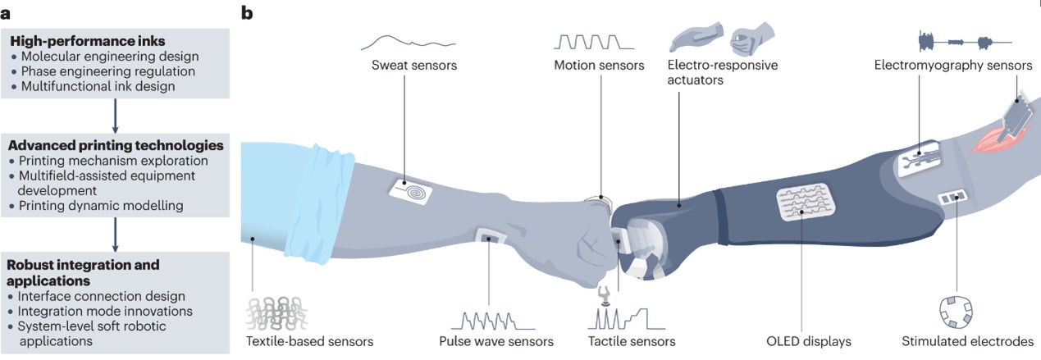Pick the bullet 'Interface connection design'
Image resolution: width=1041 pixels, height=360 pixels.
(98, 296)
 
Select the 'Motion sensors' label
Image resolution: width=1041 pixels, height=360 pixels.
(599, 64)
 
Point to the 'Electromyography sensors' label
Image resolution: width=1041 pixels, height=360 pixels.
(952, 65)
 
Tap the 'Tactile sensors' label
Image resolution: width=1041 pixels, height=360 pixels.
(632, 341)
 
